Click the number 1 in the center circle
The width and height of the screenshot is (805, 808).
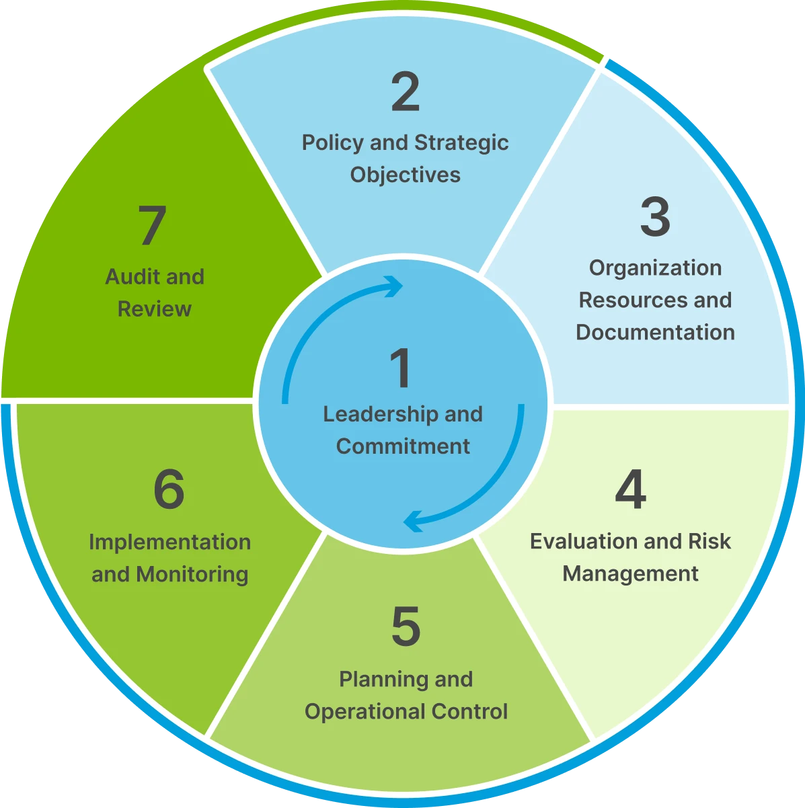401,368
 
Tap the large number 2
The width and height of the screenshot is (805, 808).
406,93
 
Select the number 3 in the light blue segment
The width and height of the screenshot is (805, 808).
655,216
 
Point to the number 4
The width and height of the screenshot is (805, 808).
630,490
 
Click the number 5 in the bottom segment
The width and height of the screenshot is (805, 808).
406,627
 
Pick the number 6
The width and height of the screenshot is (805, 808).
169,490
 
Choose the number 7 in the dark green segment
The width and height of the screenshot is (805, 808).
153,226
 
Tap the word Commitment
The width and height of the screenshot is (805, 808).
403,446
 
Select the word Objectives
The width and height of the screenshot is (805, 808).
406,175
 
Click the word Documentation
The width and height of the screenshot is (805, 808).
655,332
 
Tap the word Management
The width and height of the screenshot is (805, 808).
630,573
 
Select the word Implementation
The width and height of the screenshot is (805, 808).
169,542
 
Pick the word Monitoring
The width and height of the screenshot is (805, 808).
192,574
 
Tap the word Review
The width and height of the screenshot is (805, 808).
155,309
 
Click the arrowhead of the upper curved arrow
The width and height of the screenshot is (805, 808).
394,287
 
